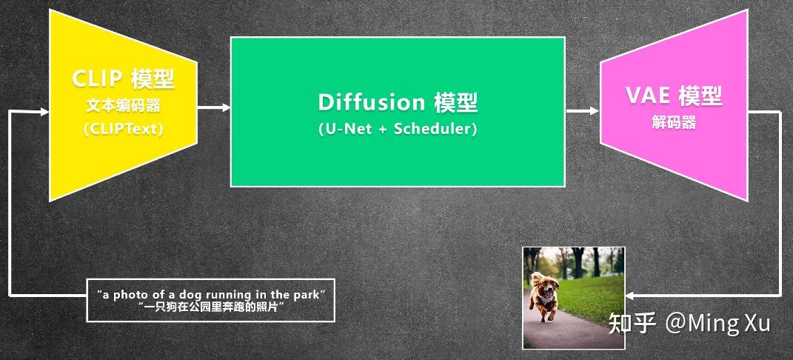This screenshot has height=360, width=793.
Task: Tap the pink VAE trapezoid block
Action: click(x=674, y=159)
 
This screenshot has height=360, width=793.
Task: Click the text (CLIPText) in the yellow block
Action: click(x=123, y=128)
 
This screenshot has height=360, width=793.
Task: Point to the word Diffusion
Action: click(x=371, y=101)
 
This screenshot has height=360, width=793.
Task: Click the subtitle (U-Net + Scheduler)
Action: click(x=398, y=128)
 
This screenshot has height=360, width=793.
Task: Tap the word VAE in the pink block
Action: click(x=646, y=96)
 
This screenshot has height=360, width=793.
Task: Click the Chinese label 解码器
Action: click(x=674, y=123)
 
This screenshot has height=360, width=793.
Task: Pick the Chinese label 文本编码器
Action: click(x=123, y=105)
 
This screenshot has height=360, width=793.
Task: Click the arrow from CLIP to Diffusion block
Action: click(x=215, y=108)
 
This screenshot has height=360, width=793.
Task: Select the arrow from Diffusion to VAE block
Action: click(x=583, y=111)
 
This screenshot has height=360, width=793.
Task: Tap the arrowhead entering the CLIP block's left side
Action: click(x=44, y=112)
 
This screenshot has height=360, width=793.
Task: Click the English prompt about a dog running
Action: click(x=211, y=295)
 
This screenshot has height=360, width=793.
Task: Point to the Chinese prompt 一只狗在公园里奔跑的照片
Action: click(x=211, y=307)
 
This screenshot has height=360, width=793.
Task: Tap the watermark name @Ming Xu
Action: click(x=717, y=323)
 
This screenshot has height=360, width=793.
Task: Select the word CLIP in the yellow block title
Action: click(x=97, y=79)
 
